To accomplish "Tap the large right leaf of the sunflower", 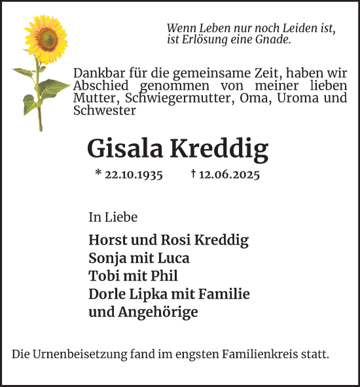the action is pos(54,87).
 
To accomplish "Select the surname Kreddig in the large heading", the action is pos(219,150).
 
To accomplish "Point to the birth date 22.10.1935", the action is pos(134,175).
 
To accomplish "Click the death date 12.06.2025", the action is pos(230,175).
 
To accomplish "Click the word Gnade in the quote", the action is pos(275,39).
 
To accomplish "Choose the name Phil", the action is pos(165,276).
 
